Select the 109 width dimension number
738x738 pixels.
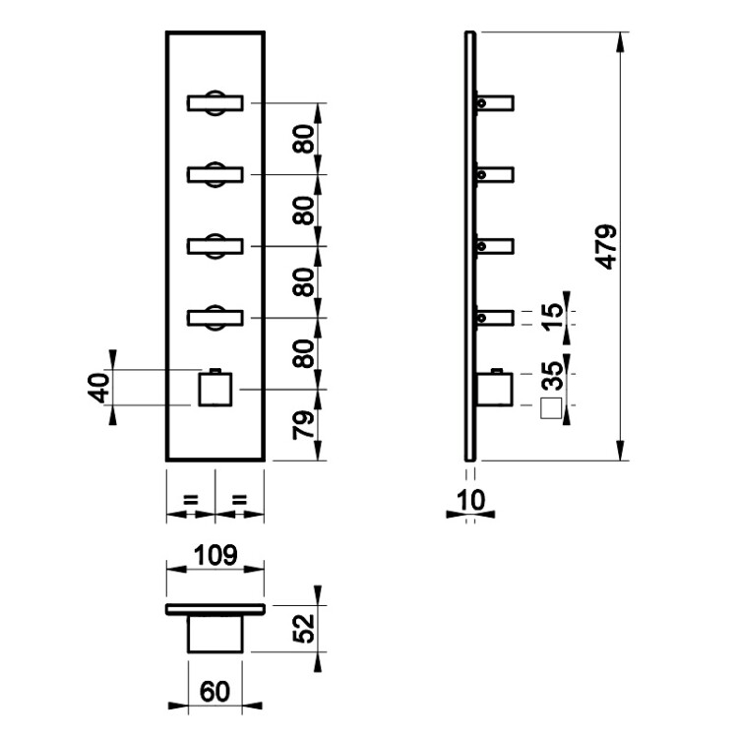point(215,556)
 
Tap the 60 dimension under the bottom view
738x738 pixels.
point(215,690)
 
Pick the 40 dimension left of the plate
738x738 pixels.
point(96,389)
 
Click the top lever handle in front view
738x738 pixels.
point(215,102)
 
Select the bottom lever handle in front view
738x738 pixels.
point(215,317)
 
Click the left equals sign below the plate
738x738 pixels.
point(191,501)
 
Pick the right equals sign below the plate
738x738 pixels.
point(239,501)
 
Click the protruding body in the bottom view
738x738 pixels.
point(215,634)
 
